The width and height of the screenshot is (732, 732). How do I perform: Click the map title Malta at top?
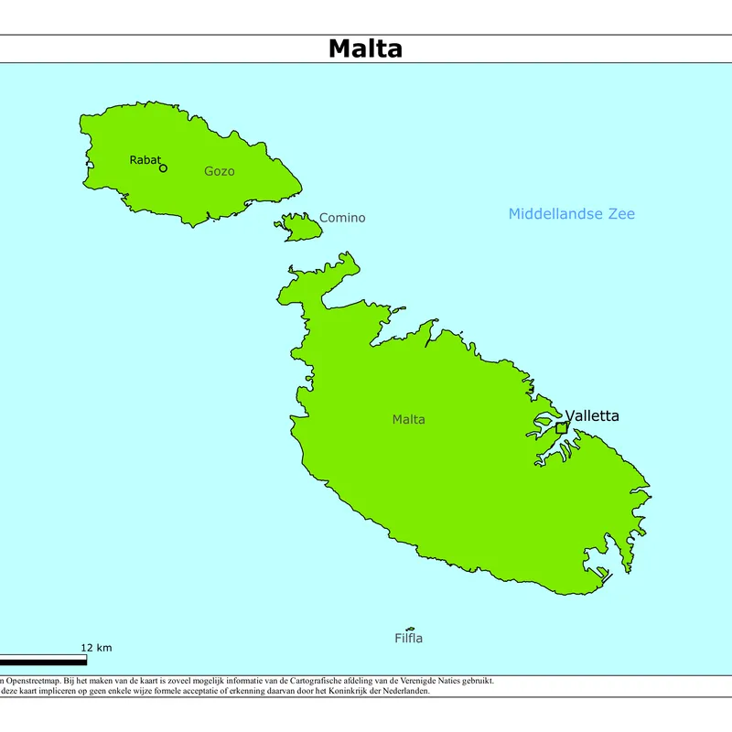[x=365, y=48]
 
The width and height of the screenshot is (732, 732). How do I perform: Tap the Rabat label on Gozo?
[x=145, y=160]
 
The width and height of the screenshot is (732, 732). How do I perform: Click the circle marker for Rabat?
[x=163, y=168]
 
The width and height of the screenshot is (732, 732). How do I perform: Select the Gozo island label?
[x=219, y=171]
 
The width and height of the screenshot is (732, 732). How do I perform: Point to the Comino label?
[x=342, y=218]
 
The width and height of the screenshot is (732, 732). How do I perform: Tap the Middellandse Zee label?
[x=571, y=214]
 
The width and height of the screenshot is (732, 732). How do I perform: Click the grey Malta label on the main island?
[x=408, y=420]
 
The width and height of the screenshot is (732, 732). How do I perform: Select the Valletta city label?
[x=592, y=416]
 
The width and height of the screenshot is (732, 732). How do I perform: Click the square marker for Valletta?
[x=562, y=427]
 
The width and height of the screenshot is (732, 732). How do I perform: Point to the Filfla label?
[x=408, y=639]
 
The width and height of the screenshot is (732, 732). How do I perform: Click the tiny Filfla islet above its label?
[x=409, y=629]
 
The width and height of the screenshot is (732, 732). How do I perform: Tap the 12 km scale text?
[x=96, y=648]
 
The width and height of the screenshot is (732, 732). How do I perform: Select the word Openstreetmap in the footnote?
[x=34, y=681]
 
